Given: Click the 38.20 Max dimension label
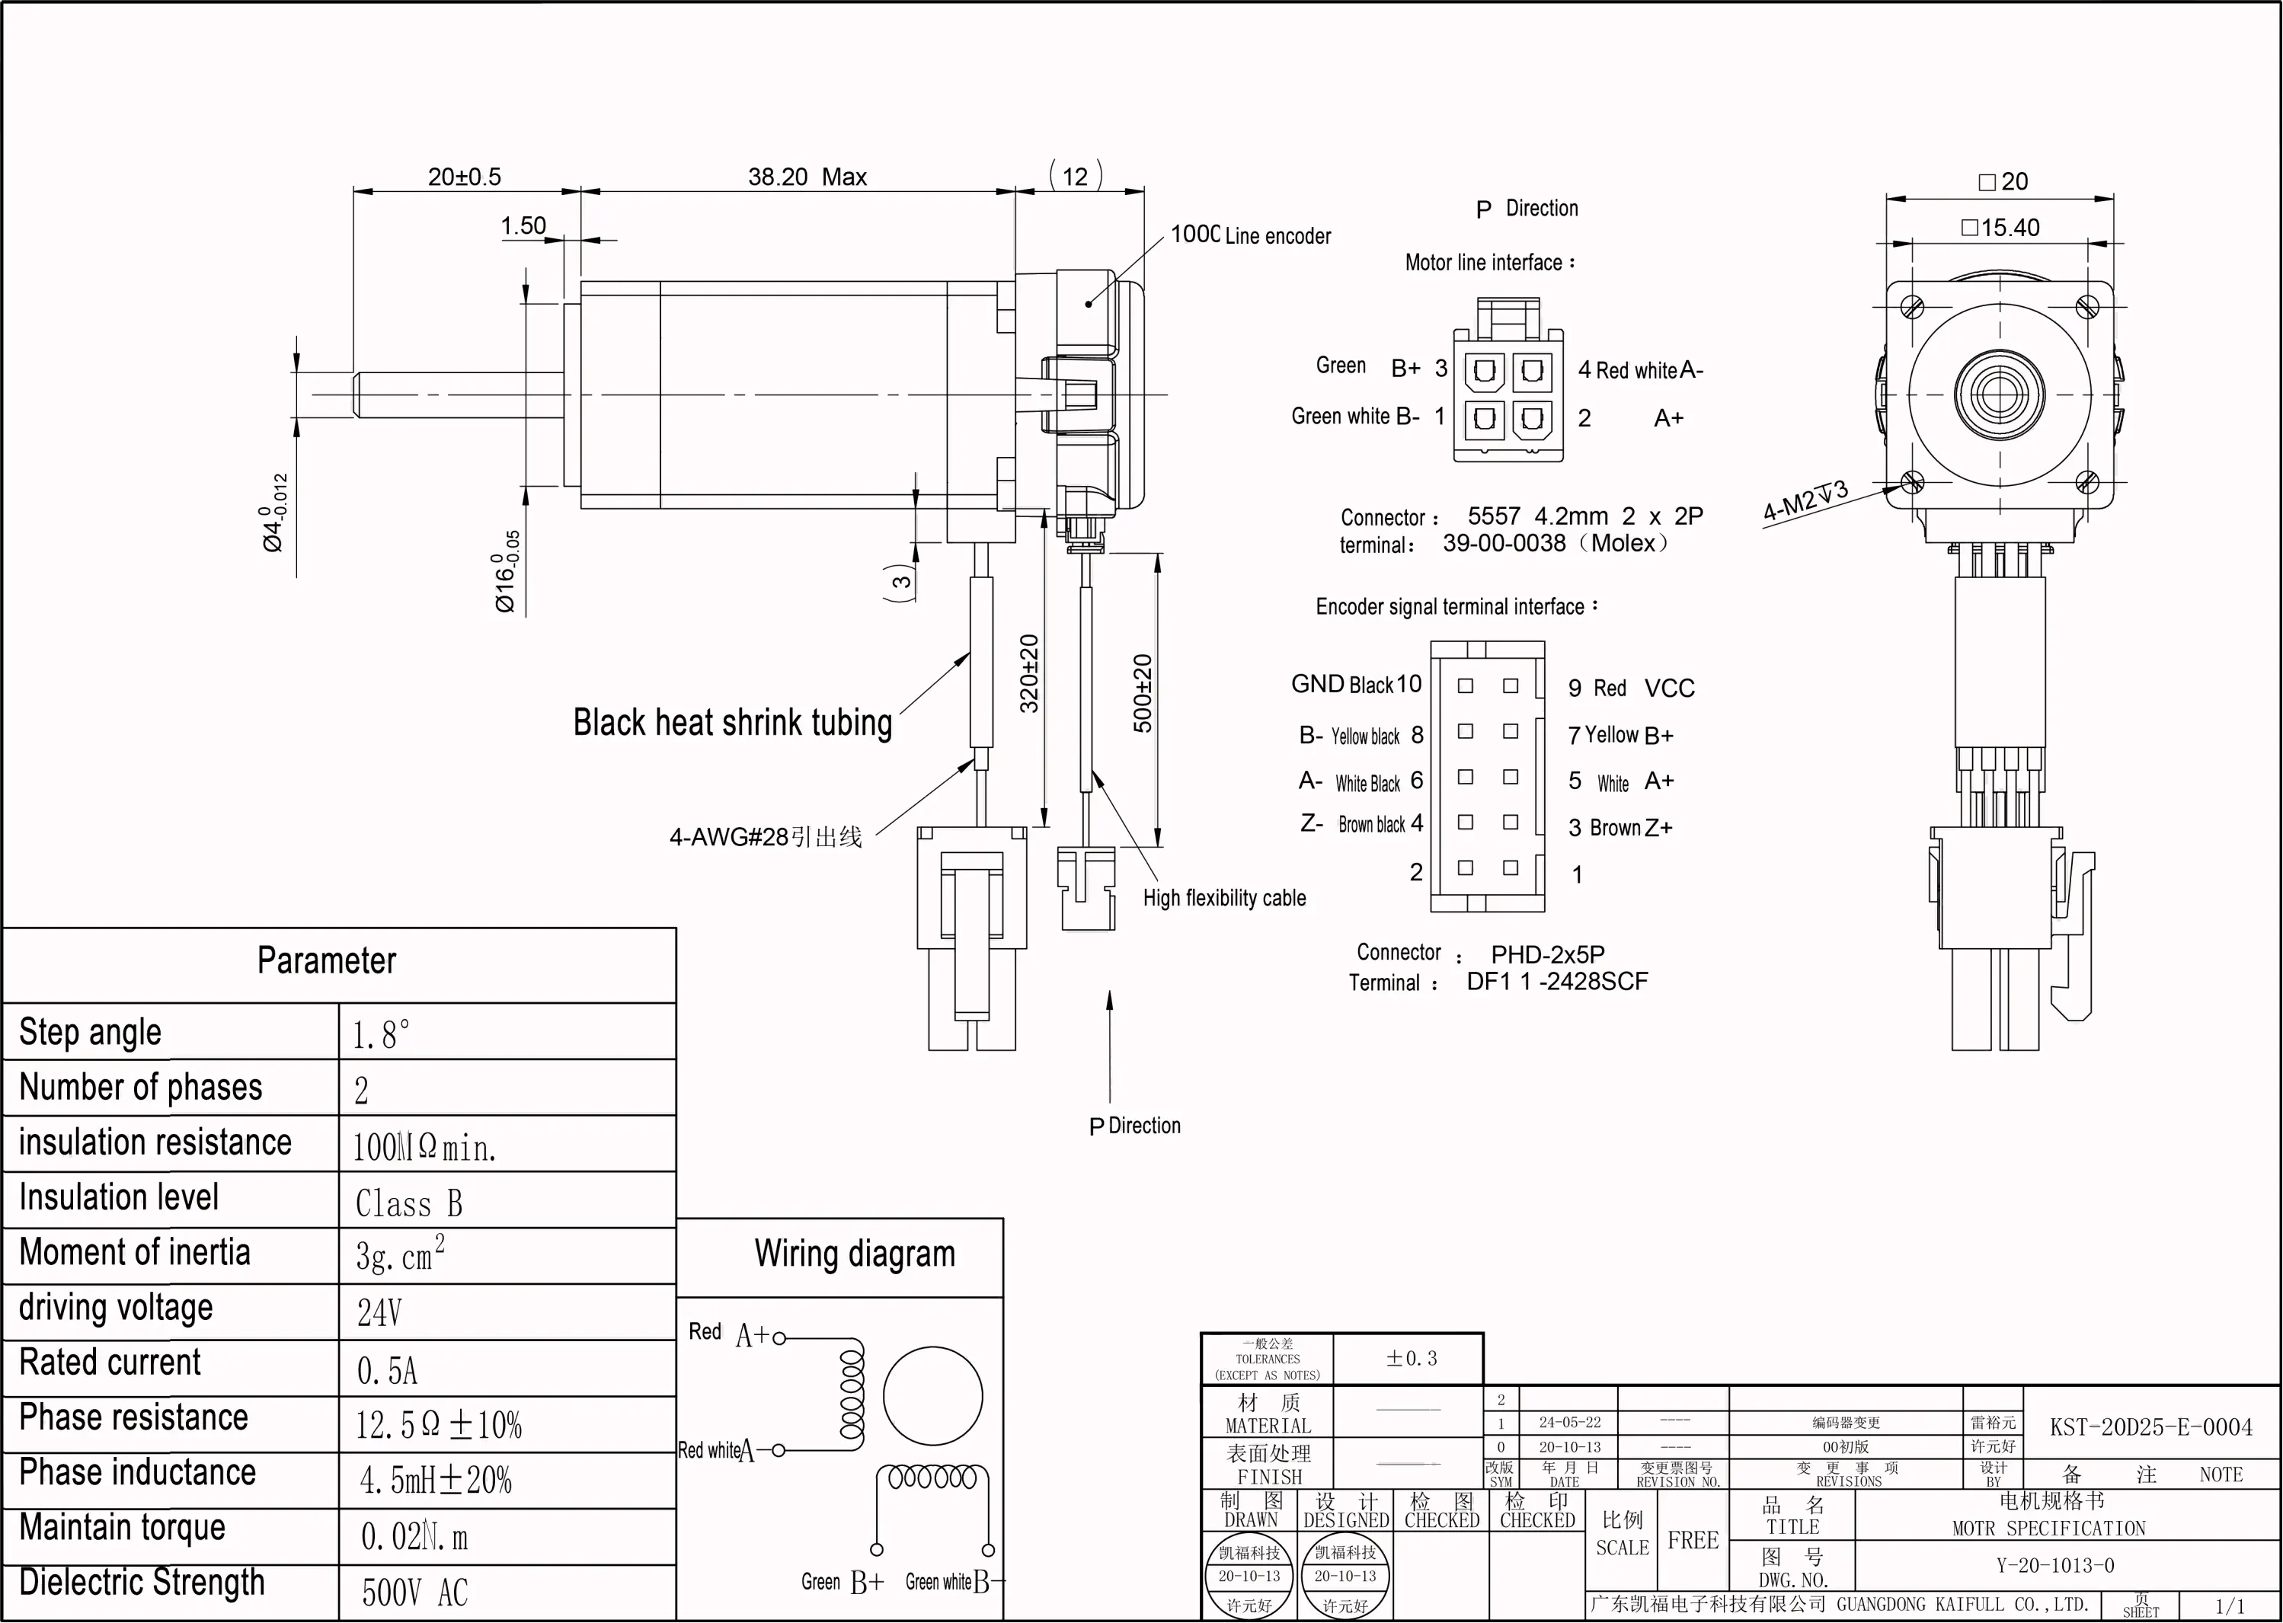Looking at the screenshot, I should [x=807, y=177].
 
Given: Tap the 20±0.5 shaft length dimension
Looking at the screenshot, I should [x=464, y=177].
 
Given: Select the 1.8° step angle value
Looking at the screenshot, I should [x=381, y=1035].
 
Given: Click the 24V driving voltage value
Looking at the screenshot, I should [x=380, y=1312].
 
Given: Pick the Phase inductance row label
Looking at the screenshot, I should [x=138, y=1472].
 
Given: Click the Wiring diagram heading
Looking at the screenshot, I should [x=855, y=1253].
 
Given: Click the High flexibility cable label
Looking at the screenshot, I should [x=1224, y=897].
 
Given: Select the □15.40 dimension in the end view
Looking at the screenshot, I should [x=2000, y=228].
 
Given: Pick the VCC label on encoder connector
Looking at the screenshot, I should [x=1669, y=688].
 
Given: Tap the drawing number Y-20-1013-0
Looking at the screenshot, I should [x=2055, y=1565].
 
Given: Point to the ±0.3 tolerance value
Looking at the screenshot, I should [x=1412, y=1358].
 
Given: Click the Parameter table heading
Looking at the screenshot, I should [x=326, y=960].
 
